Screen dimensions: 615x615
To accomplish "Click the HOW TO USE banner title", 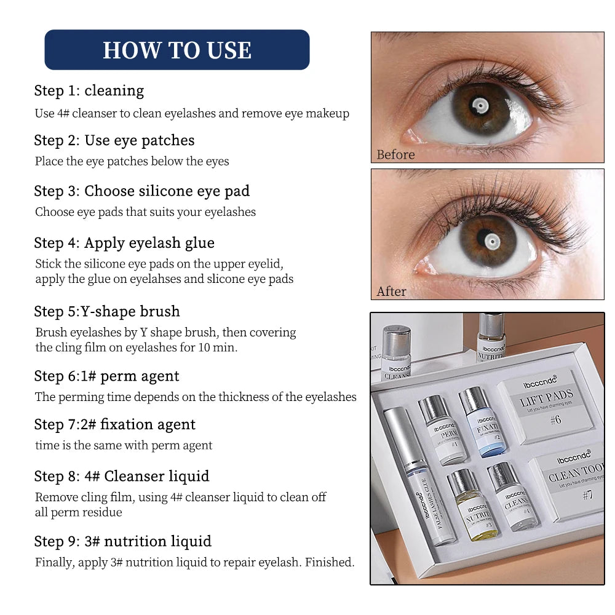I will tap(177, 50).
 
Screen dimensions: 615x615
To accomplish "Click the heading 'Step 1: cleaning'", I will tap(89, 91).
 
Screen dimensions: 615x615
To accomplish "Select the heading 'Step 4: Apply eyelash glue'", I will tap(124, 243).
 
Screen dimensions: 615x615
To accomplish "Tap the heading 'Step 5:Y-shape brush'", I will tap(107, 311).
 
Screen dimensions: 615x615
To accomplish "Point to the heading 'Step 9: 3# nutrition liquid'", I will tap(123, 541).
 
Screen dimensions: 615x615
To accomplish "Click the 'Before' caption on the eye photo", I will tap(395, 154).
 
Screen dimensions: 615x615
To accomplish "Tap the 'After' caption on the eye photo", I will tap(391, 291).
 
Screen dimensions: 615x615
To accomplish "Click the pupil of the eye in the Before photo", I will tap(480, 108).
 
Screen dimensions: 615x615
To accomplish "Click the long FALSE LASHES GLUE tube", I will tap(420, 477).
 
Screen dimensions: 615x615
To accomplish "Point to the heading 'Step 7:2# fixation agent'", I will tap(115, 424).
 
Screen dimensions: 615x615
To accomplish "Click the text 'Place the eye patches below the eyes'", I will tap(132, 162).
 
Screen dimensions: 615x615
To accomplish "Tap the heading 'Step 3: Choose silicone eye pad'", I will tap(142, 191).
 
